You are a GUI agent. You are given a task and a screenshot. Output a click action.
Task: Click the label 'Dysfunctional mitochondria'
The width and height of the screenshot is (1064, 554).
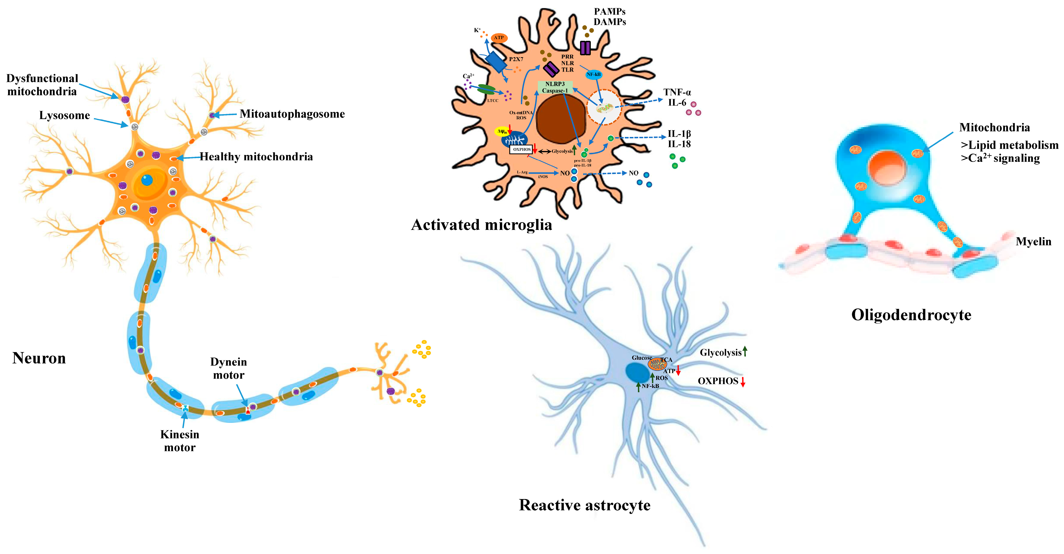coord(42,85)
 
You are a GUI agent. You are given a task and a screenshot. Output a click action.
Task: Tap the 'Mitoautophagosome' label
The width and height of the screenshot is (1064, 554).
coord(292,114)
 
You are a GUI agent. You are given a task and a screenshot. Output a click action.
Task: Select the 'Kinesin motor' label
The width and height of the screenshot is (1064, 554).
coord(180,441)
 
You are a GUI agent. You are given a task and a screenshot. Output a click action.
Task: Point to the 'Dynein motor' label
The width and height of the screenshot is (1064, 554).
coord(228,368)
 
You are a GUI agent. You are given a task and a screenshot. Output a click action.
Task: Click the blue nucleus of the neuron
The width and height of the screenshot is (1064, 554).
coord(147,180)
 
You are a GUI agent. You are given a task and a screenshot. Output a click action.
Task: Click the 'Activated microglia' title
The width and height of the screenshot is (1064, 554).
coord(481,225)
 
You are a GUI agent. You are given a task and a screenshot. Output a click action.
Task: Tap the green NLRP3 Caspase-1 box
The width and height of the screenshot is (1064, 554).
coord(555,87)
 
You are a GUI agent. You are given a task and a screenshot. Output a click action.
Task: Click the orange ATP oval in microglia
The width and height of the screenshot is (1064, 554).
coord(499,38)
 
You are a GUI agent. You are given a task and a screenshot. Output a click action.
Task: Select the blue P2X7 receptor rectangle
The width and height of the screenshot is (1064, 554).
coord(496,62)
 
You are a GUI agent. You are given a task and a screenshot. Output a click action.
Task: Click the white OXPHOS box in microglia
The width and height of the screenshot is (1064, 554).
coord(521,150)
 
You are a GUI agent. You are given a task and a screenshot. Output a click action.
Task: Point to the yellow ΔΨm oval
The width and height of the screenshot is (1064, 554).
coord(502,131)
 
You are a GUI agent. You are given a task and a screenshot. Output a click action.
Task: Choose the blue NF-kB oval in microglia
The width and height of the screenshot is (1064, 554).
coord(594,74)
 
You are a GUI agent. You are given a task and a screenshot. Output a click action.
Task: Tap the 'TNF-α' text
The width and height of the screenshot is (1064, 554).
coord(677,92)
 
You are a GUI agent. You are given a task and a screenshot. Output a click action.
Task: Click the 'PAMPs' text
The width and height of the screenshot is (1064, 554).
coord(610,12)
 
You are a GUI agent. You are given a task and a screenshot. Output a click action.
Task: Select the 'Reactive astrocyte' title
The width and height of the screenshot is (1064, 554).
coord(584,505)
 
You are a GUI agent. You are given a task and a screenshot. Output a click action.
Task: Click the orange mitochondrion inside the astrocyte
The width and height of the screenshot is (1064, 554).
coord(657,364)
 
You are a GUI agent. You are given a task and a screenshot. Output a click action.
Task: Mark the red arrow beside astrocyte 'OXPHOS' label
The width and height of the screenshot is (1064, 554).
coord(743,382)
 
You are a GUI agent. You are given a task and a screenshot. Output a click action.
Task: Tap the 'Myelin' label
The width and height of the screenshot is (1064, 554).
coord(1034,241)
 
